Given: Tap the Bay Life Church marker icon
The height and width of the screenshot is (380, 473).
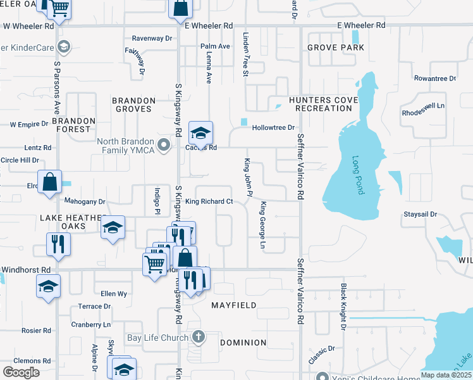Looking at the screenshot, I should tap(199, 337).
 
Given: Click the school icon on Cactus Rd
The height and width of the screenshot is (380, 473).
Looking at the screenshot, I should tap(200, 133).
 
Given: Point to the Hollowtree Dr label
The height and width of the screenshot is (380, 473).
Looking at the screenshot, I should tap(273, 127).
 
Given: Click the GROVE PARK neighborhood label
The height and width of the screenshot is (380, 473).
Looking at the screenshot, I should tap(336, 47).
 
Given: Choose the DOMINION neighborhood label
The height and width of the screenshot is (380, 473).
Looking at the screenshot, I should tap(243, 343).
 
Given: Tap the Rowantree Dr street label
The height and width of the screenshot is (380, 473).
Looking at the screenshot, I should tap(435, 79).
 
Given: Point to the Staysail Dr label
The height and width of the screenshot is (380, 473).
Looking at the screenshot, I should tap(421, 215).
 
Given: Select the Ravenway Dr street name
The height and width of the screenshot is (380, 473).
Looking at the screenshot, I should tap(152, 38).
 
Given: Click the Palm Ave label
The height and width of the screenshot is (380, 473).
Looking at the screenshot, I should tap(215, 46).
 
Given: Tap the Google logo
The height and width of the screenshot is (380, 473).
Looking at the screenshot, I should tap(21, 372).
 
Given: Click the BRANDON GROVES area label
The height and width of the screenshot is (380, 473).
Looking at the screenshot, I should tap(133, 104).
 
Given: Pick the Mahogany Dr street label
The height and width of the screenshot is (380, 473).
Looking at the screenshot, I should tap(85, 201).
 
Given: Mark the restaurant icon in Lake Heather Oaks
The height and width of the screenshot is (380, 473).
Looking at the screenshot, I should tap(58, 243).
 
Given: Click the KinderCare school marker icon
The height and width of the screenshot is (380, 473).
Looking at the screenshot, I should tap(63, 46).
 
